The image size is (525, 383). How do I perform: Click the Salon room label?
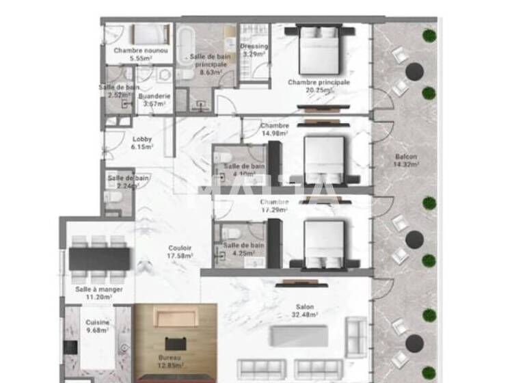[x=305, y=311]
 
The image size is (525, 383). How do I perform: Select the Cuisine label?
[x=96, y=326]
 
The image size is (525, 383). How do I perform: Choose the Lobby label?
[x=142, y=142]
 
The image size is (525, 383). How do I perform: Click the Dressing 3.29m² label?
[x=254, y=50]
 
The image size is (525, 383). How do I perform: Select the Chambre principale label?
[x=319, y=85]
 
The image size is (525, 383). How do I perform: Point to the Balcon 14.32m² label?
[x=407, y=161]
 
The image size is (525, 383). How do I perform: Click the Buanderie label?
[x=154, y=100]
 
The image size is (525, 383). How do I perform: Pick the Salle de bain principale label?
[x=208, y=63]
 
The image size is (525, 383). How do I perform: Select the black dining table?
[x=99, y=259]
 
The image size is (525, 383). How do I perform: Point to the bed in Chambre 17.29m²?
[x=323, y=241]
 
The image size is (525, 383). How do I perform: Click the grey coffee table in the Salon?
[x=299, y=336]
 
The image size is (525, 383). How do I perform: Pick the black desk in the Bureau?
[x=175, y=344]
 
